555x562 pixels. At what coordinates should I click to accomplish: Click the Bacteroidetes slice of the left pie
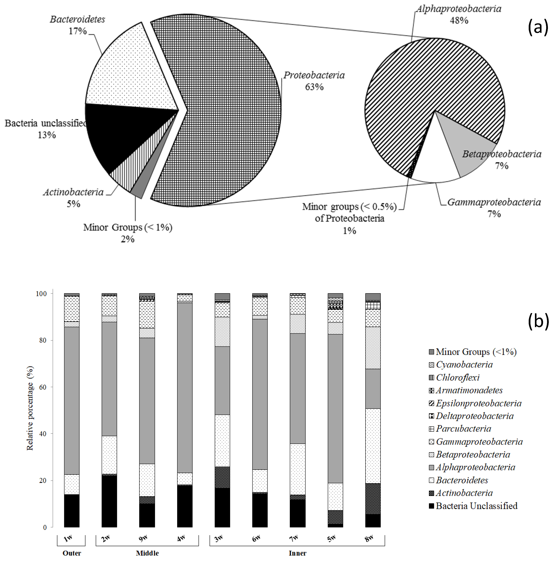coord(125,73)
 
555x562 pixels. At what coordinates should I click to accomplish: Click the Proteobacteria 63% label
coord(314,81)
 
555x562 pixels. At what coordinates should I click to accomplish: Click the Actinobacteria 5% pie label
coord(73,198)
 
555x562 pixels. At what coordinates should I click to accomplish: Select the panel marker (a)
coord(538,27)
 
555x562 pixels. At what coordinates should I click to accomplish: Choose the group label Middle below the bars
coord(147,553)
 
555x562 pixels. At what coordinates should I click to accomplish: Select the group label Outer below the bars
coord(72,553)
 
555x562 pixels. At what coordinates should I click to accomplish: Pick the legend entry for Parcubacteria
coord(463,429)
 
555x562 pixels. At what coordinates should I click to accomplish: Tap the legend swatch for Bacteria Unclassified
coord(431,506)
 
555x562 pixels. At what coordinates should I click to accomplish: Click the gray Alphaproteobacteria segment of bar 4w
coord(185,387)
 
